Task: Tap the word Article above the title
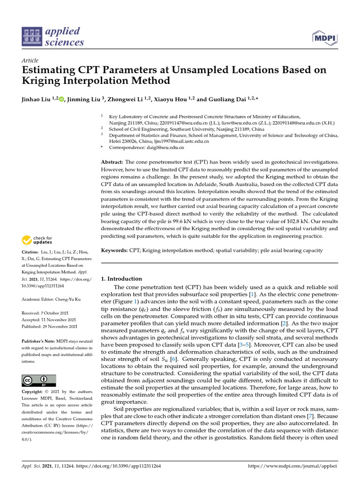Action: tap(30, 60)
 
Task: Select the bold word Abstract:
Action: tap(112, 162)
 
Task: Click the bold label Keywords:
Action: tap(114, 251)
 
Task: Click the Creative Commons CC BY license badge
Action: tap(39, 380)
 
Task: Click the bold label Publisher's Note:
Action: tap(40, 341)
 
